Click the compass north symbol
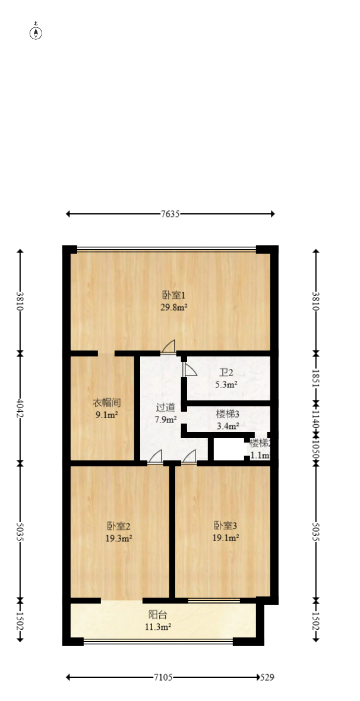pyautogui.click(x=36, y=33)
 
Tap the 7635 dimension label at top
pyautogui.click(x=170, y=214)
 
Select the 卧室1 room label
pyautogui.click(x=174, y=295)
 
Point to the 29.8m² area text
pyautogui.click(x=174, y=307)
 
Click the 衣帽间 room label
pyautogui.click(x=107, y=402)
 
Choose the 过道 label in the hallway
pyautogui.click(x=166, y=408)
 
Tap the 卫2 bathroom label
pyautogui.click(x=226, y=373)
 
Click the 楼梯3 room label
pyautogui.click(x=228, y=414)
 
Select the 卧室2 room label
pyautogui.click(x=119, y=526)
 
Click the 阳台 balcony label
pyautogui.click(x=157, y=615)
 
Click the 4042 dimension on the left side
pyautogui.click(x=20, y=408)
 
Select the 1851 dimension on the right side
pyautogui.click(x=316, y=378)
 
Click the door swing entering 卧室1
pyautogui.click(x=169, y=346)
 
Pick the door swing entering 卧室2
pyautogui.click(x=155, y=456)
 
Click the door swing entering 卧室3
pyautogui.click(x=190, y=456)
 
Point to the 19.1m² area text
pyautogui.click(x=226, y=538)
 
